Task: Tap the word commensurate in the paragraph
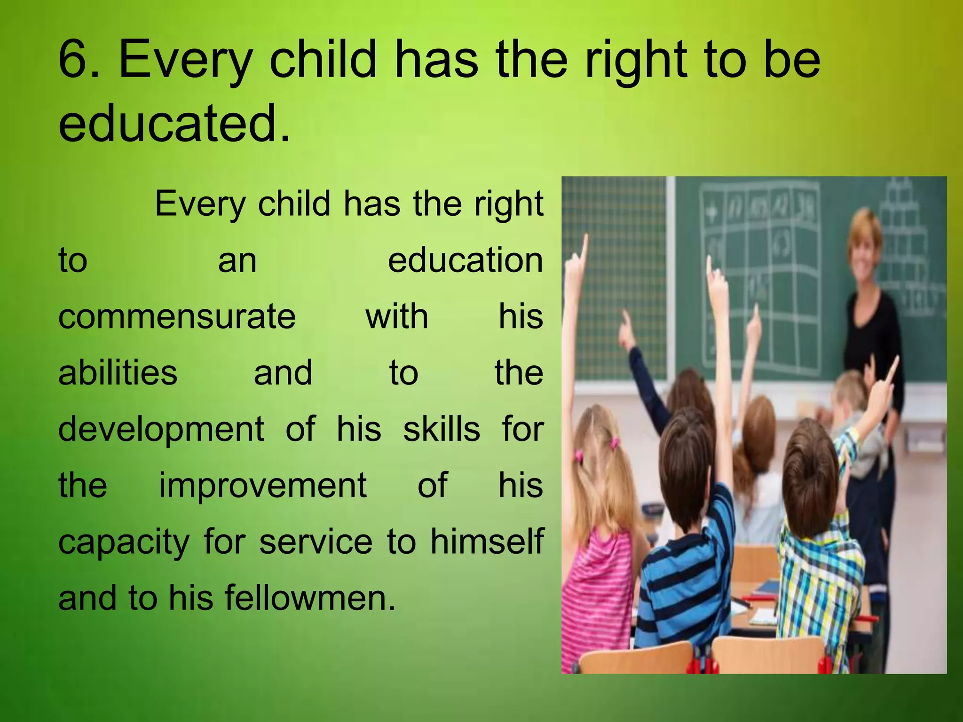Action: pyautogui.click(x=177, y=317)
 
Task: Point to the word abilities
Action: pyautogui.click(x=118, y=373)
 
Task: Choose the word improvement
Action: pyautogui.click(x=262, y=486)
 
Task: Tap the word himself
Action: pyautogui.click(x=487, y=541)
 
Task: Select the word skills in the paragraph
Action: pyautogui.click(x=442, y=429)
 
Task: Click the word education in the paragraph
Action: pyautogui.click(x=465, y=260)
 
